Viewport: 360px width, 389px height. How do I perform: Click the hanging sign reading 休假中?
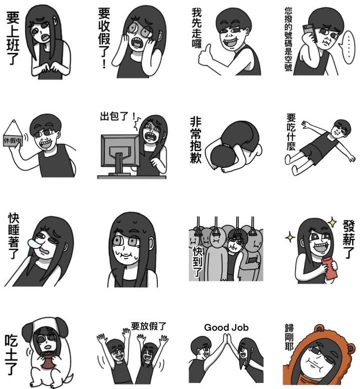(13, 137)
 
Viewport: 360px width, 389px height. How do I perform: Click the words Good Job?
(226, 328)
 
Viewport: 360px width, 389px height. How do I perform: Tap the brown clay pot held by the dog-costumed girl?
(48, 362)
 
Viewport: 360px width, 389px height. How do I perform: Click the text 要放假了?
(148, 326)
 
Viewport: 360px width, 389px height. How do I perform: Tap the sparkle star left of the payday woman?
(291, 237)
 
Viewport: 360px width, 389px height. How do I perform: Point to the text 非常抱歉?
(196, 141)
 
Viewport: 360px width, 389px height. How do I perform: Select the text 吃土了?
(11, 355)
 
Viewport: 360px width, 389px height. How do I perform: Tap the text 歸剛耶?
(289, 337)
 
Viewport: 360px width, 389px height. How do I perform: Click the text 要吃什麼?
(291, 132)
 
